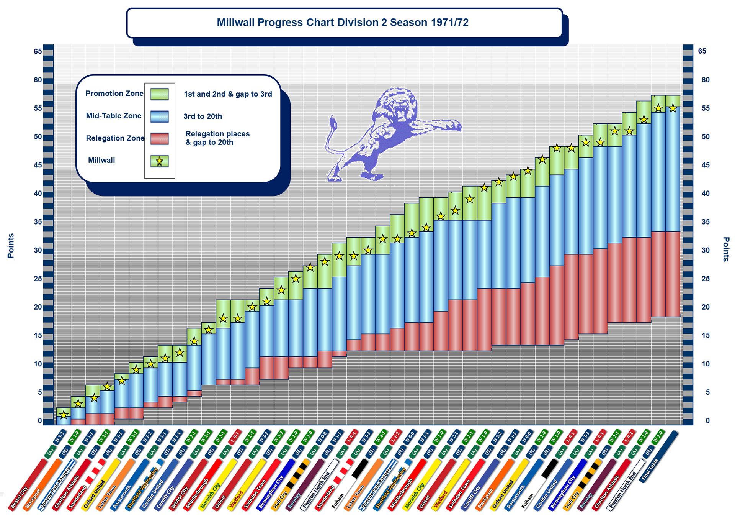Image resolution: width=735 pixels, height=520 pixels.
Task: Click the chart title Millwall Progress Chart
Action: [x=343, y=23]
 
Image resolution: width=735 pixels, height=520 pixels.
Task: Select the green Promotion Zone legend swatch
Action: [x=160, y=94]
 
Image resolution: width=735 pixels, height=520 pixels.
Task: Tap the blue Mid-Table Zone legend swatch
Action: [x=160, y=116]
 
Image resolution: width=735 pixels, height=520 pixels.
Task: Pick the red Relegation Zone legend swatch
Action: [x=160, y=138]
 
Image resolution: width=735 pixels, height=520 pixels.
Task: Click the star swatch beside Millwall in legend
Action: [x=160, y=161]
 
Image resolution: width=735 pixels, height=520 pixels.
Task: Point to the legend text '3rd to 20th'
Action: [x=203, y=116]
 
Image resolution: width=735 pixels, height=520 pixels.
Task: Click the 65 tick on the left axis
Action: [x=38, y=51]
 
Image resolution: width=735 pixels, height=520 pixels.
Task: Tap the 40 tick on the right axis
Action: [x=705, y=194]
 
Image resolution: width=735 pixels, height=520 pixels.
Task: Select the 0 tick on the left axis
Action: [x=40, y=420]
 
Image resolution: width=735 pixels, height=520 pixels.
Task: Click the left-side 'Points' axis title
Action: [x=11, y=246]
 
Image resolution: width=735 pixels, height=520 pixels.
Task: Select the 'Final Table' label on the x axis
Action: [x=650, y=469]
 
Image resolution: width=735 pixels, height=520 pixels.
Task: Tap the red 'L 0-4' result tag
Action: [x=351, y=437]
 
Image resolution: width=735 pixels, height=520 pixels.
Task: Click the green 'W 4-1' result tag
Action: [x=381, y=437]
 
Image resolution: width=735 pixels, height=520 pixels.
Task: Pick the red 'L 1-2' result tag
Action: [x=395, y=437]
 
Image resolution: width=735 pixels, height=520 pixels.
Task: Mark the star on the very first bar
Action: [x=64, y=415]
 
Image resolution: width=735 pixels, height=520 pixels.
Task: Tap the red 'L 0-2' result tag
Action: [x=628, y=437]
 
